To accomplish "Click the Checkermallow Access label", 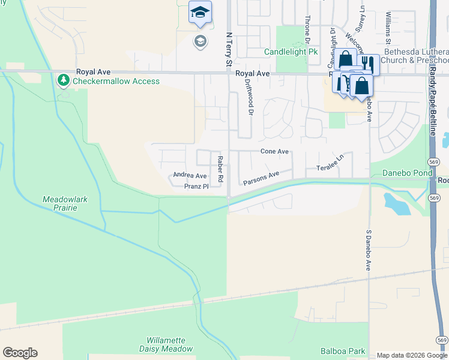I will [x=116, y=81].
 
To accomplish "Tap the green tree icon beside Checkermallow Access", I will [x=63, y=80].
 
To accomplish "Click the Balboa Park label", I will [x=343, y=350].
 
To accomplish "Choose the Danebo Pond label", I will [x=407, y=173].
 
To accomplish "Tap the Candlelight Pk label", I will [x=291, y=52].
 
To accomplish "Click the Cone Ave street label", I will [x=274, y=152].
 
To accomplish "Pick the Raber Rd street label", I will [x=220, y=169].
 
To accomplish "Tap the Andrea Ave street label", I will [x=190, y=176].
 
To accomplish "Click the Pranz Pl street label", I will [x=196, y=187].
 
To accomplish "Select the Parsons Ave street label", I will [x=261, y=178].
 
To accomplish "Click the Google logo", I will [x=20, y=353].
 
